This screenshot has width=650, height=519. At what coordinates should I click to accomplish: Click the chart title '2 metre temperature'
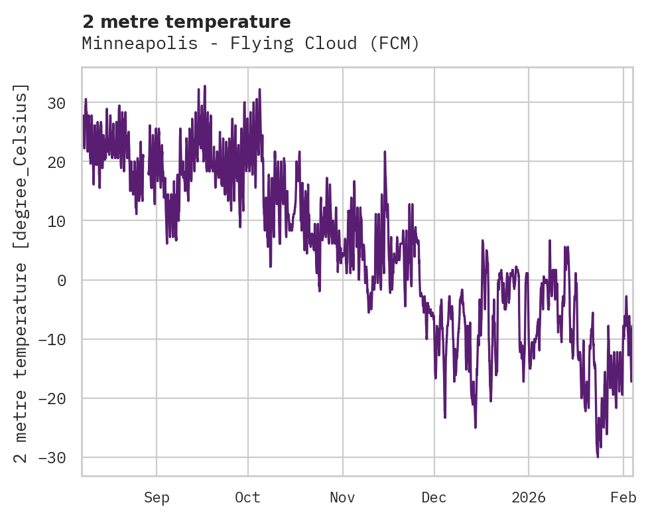(186, 22)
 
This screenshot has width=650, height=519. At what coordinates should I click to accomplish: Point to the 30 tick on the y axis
(56, 103)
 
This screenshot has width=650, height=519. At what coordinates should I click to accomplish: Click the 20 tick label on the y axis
(56, 162)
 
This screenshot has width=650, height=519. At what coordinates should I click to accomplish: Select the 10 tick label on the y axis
(56, 221)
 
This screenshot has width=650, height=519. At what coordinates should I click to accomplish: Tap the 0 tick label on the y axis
(61, 280)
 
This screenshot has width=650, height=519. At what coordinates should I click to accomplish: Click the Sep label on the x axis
(157, 497)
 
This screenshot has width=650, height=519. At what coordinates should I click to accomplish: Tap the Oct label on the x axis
(247, 497)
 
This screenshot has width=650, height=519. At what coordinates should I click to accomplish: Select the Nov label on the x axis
(343, 497)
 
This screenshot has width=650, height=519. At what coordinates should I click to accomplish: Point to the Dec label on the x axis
(434, 497)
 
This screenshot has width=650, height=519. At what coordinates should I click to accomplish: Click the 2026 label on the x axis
(529, 497)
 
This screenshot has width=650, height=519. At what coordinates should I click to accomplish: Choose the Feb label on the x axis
(623, 497)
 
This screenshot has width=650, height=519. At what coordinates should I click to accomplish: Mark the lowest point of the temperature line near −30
(598, 457)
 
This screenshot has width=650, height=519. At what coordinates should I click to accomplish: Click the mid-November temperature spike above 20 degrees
(385, 152)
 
